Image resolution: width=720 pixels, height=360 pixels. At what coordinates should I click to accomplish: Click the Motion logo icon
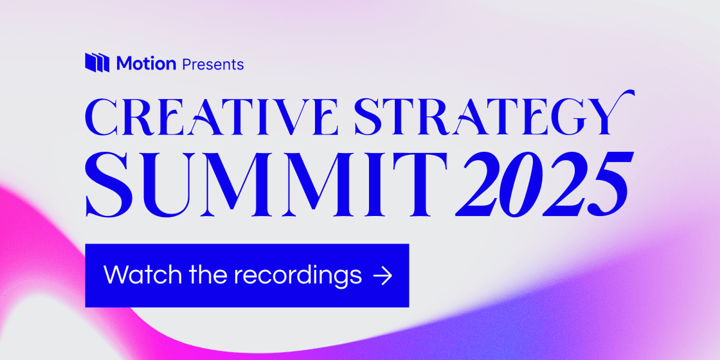(98, 62)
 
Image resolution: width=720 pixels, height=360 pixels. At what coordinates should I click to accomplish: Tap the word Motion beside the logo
(146, 64)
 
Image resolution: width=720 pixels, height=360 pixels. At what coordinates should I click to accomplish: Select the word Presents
(213, 64)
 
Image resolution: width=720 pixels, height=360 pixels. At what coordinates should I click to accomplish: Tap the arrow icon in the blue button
(382, 276)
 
